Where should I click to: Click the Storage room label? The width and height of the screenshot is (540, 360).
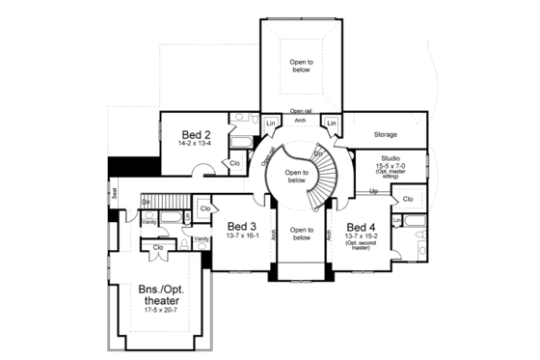386,135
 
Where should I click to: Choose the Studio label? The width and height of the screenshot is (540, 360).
391,157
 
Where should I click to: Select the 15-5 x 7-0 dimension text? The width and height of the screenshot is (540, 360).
391,165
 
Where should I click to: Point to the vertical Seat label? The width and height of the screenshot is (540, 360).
114,193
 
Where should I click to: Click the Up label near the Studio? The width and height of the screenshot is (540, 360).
373,191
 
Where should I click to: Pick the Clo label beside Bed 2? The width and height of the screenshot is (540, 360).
234,163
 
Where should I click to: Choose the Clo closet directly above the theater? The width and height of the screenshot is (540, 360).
158,246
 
